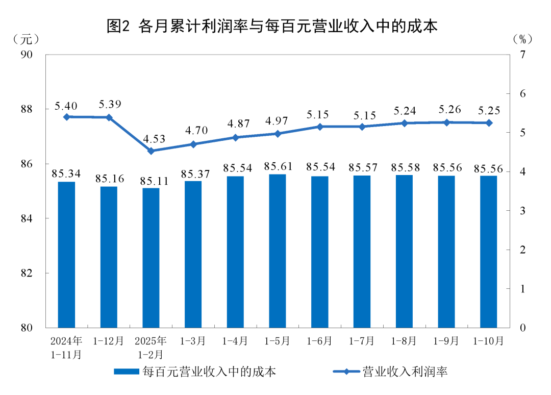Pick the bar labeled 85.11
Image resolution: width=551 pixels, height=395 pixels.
(151, 257)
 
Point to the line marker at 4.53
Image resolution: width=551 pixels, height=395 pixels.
(151, 151)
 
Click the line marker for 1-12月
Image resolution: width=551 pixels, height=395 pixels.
(109, 117)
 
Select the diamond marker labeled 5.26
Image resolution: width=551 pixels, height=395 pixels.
(446, 122)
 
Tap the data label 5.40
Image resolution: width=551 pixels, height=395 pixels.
(66, 106)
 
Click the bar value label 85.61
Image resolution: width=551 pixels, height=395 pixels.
(278, 166)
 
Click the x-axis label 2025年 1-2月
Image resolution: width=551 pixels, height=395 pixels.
(151, 347)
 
